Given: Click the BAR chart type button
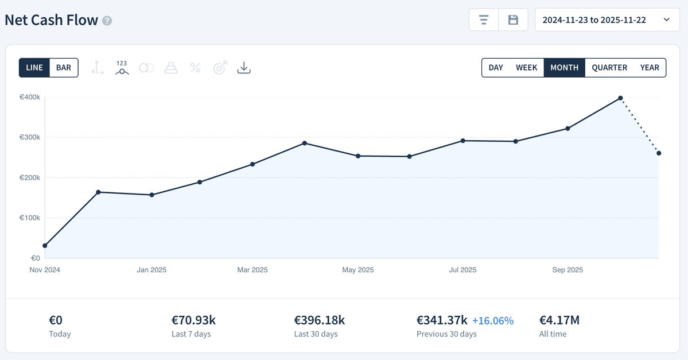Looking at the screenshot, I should click(64, 68).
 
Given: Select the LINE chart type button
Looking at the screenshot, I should click(34, 68).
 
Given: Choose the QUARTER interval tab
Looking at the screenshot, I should click(609, 68).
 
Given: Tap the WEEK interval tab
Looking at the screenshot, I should click(526, 68).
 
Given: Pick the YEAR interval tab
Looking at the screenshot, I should click(650, 68).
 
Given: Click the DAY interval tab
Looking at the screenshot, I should click(496, 68).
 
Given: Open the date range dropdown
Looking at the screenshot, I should click(607, 20).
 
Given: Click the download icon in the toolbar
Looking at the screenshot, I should click(244, 68).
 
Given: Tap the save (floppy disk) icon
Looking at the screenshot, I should click(513, 20).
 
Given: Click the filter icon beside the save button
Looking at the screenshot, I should click(484, 20).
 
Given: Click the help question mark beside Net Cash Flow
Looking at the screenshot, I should click(107, 21).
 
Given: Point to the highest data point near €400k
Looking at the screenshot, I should click(620, 98).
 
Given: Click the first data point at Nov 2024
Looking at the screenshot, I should click(45, 246).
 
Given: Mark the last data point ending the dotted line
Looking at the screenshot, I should click(659, 153).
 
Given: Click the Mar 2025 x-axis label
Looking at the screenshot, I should click(252, 270).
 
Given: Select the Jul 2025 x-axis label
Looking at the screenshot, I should click(462, 270).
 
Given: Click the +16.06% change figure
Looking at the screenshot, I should click(493, 320).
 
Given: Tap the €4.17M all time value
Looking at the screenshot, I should click(559, 320).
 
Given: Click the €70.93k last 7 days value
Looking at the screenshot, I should click(193, 320).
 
